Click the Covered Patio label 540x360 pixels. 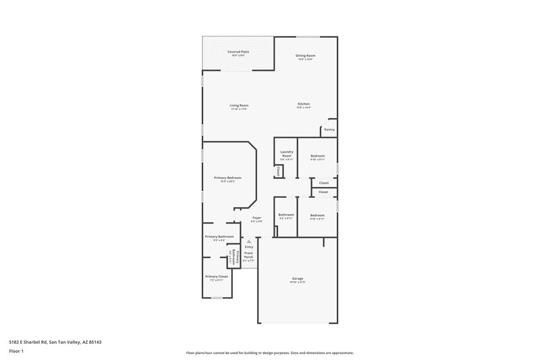click(x=237, y=51)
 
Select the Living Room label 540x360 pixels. click(x=239, y=105)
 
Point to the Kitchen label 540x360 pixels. click(x=304, y=104)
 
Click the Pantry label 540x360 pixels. click(x=329, y=129)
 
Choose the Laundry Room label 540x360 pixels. click(x=286, y=154)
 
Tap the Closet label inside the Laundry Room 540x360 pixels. click(x=278, y=172)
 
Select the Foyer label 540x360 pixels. click(x=256, y=217)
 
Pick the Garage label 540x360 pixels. click(x=297, y=278)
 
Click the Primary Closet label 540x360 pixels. click(x=217, y=276)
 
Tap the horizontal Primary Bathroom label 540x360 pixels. click(x=219, y=236)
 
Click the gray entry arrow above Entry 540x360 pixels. click(x=249, y=240)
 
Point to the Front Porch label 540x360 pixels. click(x=248, y=257)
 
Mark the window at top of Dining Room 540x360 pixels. click(x=308, y=36)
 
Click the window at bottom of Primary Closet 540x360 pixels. click(x=217, y=297)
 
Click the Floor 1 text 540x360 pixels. click(x=17, y=351)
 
